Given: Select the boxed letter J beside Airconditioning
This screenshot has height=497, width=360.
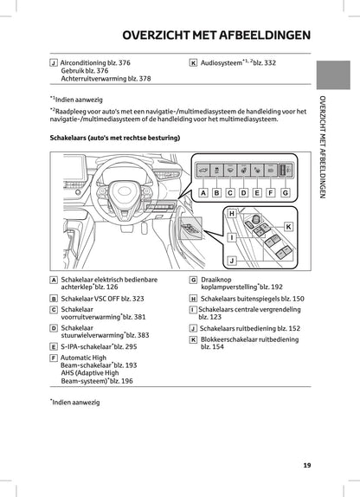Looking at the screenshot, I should click(x=55, y=63).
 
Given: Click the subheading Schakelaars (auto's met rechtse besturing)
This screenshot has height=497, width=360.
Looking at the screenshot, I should click(x=114, y=138).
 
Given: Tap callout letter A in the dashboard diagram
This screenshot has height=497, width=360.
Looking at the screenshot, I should click(x=203, y=193).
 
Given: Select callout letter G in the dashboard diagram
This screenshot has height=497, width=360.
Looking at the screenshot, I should click(x=285, y=193).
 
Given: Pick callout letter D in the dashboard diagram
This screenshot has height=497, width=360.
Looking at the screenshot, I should click(x=244, y=193).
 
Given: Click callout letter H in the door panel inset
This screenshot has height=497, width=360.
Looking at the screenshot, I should click(x=231, y=213).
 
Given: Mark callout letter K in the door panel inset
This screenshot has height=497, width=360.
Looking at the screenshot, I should click(x=288, y=226).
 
